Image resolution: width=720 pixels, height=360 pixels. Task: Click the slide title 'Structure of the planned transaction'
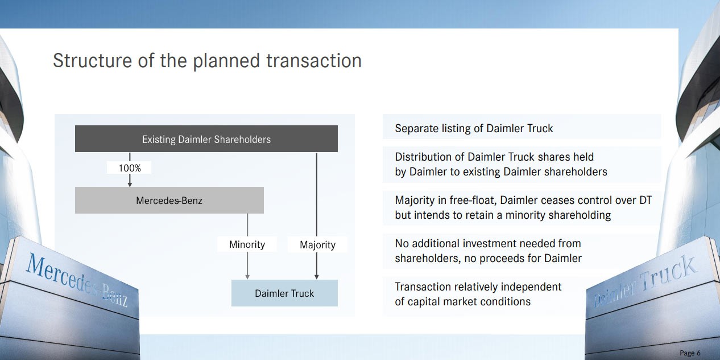[208, 61]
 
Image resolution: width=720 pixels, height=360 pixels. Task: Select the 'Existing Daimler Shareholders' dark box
[206, 139]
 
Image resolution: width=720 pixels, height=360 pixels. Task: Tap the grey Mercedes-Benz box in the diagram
[169, 201]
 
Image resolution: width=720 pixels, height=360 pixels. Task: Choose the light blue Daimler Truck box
[284, 293]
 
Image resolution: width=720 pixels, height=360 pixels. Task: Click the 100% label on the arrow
[130, 168]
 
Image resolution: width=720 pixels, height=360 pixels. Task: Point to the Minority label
[247, 244]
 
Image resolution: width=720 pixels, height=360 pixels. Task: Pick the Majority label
[317, 245]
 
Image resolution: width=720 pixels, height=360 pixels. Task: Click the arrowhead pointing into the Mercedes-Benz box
[130, 184]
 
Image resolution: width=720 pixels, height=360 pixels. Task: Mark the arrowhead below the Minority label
[247, 277]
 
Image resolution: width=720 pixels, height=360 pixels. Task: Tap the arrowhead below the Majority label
[317, 277]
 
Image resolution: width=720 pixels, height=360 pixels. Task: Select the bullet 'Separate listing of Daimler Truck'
[474, 128]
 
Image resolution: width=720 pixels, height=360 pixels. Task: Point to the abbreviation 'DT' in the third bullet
[645, 201]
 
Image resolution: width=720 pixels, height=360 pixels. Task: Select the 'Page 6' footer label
[690, 353]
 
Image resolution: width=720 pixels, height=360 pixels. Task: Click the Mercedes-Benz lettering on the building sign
[77, 280]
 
